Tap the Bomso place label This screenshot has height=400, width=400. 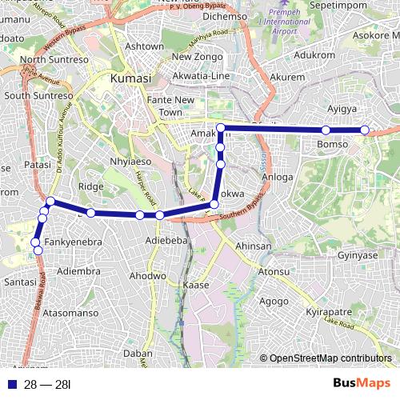click(332, 144)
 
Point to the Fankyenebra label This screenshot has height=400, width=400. click(73, 242)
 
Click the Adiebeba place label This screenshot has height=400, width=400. click(166, 240)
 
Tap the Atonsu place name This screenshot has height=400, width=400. click(274, 271)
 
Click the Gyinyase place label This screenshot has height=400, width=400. click(357, 255)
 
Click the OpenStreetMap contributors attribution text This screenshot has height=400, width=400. click(330, 358)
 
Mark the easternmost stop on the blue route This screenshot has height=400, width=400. click(365, 130)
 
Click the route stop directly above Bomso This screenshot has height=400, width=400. click(326, 130)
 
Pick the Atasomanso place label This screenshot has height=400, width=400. click(71, 313)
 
